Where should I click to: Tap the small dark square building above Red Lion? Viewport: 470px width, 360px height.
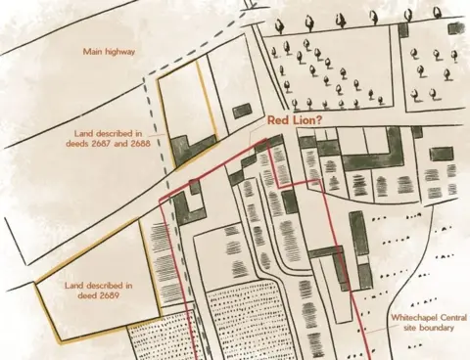click(x=241, y=111)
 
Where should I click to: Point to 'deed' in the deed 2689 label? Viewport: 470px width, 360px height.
click(x=96, y=294)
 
